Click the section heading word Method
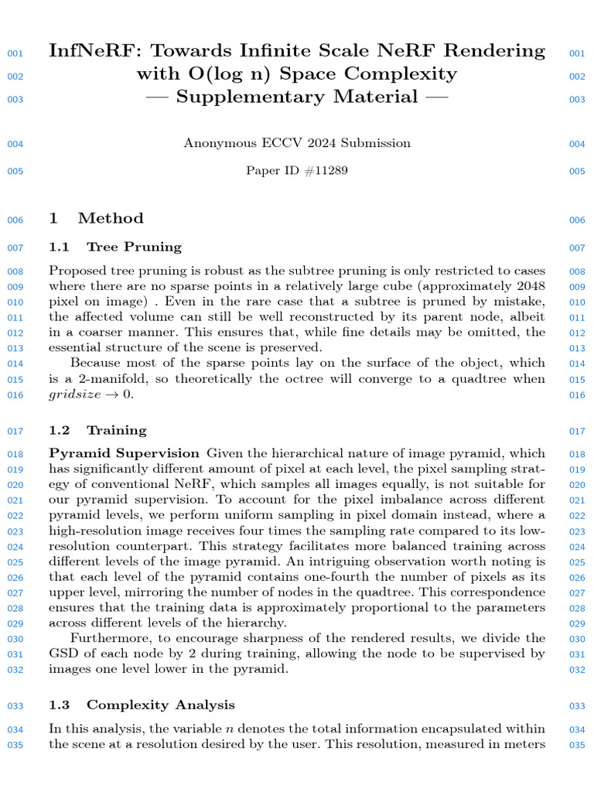pos(111,219)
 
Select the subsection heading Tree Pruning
pos(134,247)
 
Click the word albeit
pos(527,317)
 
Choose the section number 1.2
pos(60,430)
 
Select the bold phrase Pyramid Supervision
pos(124,453)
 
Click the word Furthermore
pos(108,638)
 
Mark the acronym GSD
pos(63,654)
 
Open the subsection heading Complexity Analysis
pos(160,705)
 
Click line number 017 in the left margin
pos(15,431)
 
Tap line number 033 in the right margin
pos(577,705)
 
